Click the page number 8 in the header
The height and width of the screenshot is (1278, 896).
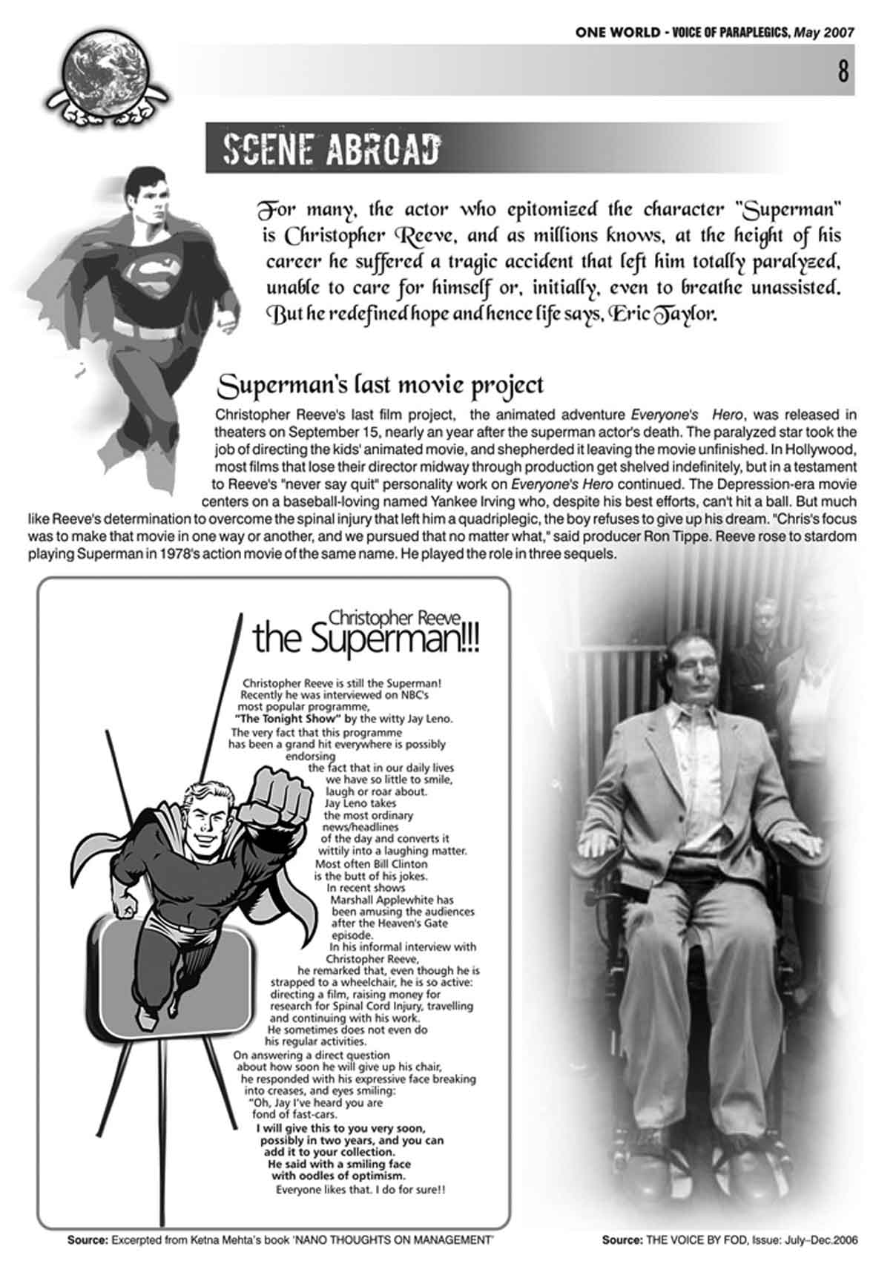point(843,72)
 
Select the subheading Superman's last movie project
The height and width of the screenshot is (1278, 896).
point(381,385)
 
